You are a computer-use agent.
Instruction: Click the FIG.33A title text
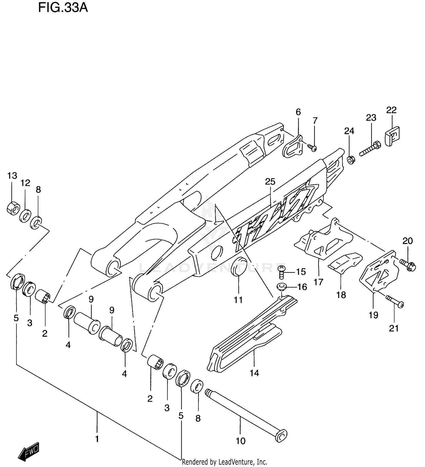(x=63, y=8)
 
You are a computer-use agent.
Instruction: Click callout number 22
(x=391, y=110)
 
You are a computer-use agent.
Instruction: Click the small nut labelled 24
(x=350, y=160)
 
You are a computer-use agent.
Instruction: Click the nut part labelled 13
(x=12, y=209)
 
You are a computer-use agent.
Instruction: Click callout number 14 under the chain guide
(x=254, y=373)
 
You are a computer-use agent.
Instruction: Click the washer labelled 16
(x=282, y=287)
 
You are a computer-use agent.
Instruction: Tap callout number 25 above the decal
(x=270, y=181)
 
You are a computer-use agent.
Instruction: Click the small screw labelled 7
(x=312, y=147)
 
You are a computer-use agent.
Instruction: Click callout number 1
(x=97, y=439)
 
